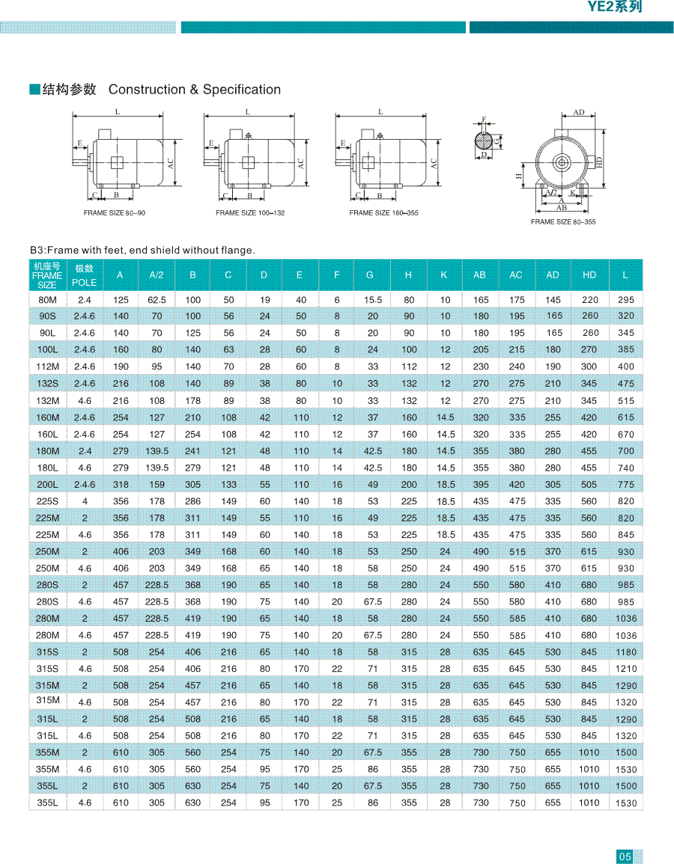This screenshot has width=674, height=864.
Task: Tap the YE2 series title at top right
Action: point(614,7)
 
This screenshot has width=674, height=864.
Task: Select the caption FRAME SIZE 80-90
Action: point(115,213)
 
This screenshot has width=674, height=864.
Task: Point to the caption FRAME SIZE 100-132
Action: point(250,213)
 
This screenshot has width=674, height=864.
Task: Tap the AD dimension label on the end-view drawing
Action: point(579,113)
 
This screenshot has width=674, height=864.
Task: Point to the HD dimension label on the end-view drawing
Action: point(600,162)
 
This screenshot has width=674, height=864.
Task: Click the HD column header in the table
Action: point(589,275)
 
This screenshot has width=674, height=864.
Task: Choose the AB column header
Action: point(479,275)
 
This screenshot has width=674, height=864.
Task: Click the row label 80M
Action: point(47,299)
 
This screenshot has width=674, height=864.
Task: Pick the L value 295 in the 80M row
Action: point(625,300)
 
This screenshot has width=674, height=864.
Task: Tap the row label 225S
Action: point(47,500)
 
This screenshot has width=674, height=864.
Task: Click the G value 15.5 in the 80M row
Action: point(372,300)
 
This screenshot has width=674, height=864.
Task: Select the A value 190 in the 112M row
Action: point(121,367)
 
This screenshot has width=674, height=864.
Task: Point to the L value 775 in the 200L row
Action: point(625,485)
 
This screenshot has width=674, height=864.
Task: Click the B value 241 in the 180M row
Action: point(192,451)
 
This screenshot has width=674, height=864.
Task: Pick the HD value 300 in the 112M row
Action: point(589,367)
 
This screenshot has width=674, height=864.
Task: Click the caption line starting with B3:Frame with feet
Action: point(142,251)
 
